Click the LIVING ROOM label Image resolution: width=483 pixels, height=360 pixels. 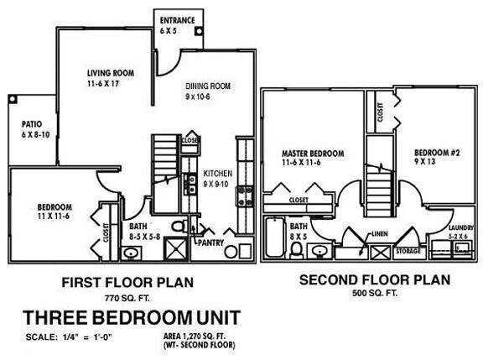pos(109,73)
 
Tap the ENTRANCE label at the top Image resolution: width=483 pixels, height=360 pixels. pos(177,19)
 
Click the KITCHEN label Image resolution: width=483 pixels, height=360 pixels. pos(217,173)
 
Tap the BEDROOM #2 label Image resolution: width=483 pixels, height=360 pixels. pos(434,152)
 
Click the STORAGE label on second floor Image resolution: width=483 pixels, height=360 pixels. pos(408,250)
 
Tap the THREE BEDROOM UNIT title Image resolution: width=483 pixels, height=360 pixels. pos(132,318)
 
